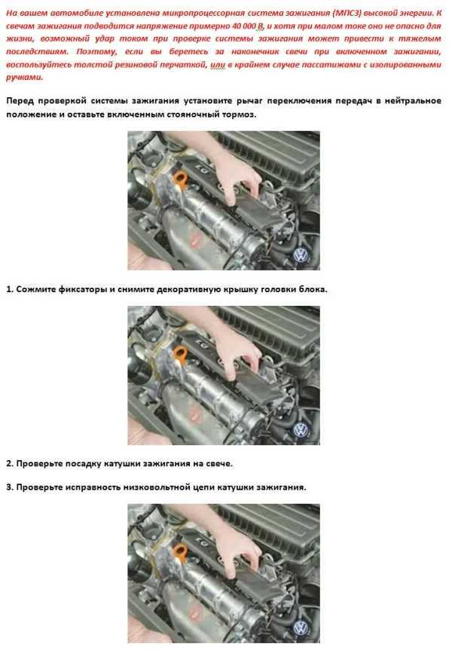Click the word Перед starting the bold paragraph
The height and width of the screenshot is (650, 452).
20,101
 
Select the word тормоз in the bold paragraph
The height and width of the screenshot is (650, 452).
238,114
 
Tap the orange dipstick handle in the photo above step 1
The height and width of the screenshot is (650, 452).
179,180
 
